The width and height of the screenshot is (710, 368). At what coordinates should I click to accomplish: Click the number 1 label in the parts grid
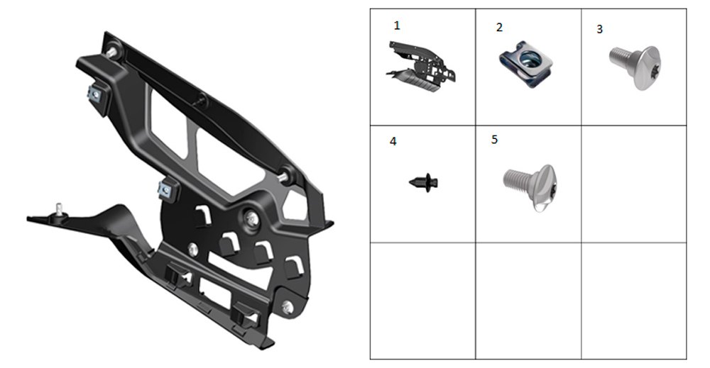point(397,26)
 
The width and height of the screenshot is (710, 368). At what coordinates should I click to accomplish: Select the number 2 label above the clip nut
point(499,28)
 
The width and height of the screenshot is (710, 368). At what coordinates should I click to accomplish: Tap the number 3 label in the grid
point(600,29)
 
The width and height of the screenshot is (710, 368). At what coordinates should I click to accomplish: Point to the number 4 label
point(393,142)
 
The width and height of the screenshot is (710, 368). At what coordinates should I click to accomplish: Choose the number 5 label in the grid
point(494,140)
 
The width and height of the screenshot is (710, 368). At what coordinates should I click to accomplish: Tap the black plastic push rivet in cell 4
point(424,182)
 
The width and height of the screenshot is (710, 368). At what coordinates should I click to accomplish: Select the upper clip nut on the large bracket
point(96,95)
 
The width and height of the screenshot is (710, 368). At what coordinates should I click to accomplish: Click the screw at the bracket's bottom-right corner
point(287,308)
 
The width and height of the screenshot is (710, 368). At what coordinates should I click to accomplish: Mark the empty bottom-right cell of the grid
point(634,301)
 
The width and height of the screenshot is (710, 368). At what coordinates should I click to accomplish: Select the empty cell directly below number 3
point(634,184)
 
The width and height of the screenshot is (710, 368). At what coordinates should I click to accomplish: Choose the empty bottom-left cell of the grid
point(423,301)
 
